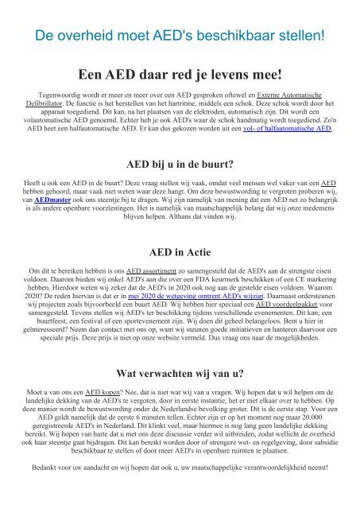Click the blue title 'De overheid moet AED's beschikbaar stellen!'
180,36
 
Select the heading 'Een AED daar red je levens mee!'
180,76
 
